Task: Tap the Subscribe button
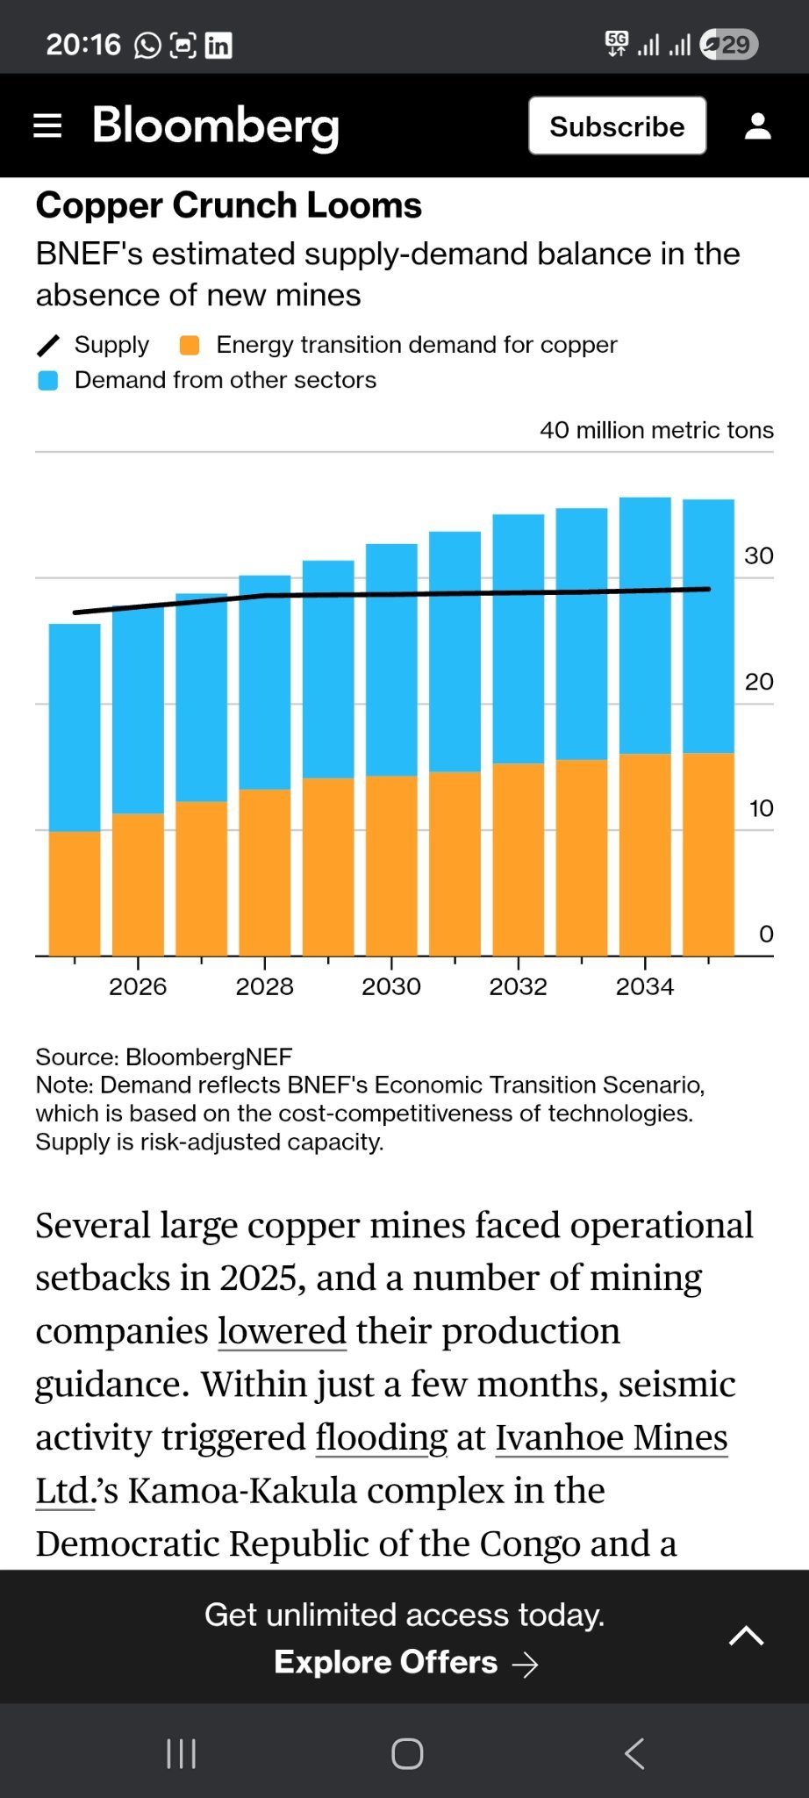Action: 617,126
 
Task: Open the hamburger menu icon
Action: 47,126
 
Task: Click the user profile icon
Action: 758,126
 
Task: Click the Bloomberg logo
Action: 216,126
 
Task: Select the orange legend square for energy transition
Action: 190,345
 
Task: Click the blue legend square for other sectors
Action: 48,380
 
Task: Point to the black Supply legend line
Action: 48,346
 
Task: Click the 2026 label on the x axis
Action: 138,986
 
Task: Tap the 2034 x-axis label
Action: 645,986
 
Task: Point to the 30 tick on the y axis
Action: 759,555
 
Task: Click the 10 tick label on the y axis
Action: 761,808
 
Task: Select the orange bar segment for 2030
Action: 391,865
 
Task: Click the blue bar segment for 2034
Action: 645,626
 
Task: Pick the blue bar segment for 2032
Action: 519,639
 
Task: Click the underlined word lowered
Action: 283,1331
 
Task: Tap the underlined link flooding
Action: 382,1437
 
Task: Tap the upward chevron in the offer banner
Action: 747,1636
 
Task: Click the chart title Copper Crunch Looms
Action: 229,205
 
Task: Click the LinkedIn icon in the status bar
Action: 218,45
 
